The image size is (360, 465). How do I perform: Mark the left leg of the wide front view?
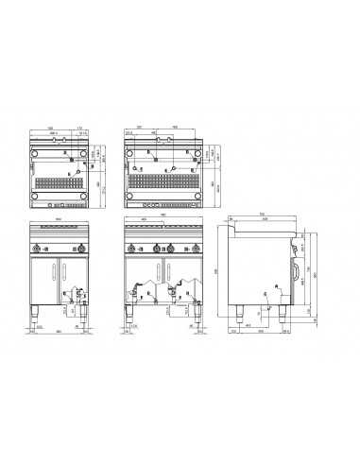coord(132,313)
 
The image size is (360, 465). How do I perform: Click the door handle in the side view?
coord(296,272)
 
